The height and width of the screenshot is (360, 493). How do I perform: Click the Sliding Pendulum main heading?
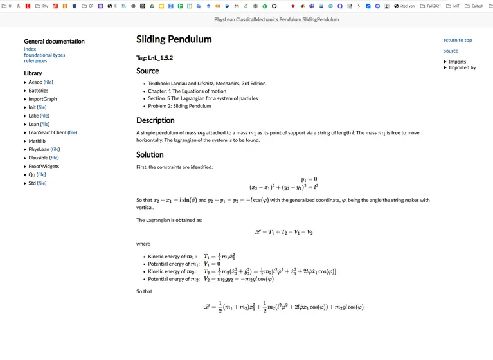[174, 40]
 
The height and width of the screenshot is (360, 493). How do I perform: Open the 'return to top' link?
[457, 40]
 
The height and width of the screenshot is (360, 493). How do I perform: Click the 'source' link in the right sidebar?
[451, 51]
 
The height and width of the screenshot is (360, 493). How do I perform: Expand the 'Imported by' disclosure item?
[462, 67]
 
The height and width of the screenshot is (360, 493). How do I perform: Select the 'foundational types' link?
[44, 55]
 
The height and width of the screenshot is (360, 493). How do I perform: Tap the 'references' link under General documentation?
[35, 61]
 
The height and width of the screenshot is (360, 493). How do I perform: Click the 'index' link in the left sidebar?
[30, 50]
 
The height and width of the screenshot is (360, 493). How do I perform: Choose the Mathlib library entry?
[37, 141]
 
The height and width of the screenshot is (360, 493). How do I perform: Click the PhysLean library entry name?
[39, 149]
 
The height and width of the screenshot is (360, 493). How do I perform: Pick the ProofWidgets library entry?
[43, 166]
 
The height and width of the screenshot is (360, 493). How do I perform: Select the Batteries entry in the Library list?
[39, 91]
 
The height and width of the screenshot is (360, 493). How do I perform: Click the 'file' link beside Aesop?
[48, 82]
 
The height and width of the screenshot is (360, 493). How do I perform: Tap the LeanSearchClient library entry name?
[48, 132]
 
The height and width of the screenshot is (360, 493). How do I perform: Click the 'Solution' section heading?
[150, 154]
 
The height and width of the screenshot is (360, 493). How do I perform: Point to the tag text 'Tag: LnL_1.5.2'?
[154, 58]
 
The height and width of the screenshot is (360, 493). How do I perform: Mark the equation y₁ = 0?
[309, 179]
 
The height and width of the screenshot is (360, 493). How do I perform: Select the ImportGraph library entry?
[42, 99]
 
